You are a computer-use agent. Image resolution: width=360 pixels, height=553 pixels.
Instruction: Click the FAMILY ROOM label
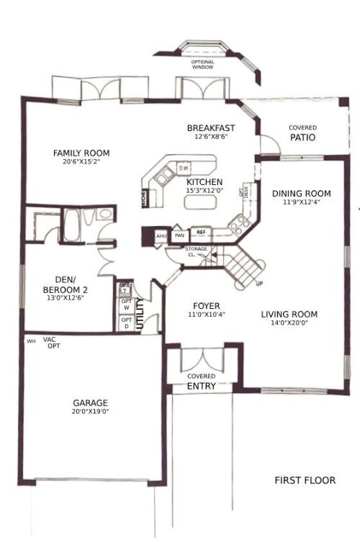[81, 153]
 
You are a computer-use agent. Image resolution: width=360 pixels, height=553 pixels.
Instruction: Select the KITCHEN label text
[205, 182]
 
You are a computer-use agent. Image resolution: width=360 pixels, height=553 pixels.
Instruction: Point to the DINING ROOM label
[302, 194]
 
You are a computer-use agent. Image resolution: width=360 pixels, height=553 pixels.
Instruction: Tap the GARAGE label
[90, 403]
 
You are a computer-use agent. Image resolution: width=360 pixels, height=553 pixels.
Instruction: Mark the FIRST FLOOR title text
[305, 480]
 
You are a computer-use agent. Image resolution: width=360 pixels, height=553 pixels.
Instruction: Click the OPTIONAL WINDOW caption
[202, 64]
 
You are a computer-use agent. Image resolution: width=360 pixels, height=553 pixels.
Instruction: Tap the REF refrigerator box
[201, 233]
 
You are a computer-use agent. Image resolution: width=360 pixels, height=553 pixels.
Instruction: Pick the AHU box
[161, 235]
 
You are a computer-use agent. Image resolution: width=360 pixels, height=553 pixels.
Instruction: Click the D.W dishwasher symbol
[184, 168]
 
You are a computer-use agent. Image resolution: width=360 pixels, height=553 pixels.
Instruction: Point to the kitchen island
[199, 202]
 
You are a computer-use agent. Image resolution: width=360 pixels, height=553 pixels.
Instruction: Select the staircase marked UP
[245, 265]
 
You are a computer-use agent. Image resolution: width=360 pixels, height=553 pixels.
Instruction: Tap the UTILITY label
[141, 314]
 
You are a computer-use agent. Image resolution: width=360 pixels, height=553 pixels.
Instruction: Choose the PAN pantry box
[180, 235]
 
